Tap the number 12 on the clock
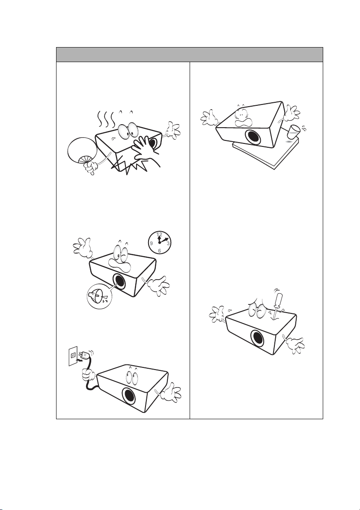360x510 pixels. [159, 235]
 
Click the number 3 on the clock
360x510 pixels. [168, 243]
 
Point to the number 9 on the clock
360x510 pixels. [151, 243]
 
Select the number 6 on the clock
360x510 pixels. [159, 251]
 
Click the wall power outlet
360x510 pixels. [73, 356]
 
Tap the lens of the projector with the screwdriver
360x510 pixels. [257, 338]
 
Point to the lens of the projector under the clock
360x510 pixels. [119, 281]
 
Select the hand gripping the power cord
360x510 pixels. [89, 374]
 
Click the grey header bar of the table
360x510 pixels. [190, 54]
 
